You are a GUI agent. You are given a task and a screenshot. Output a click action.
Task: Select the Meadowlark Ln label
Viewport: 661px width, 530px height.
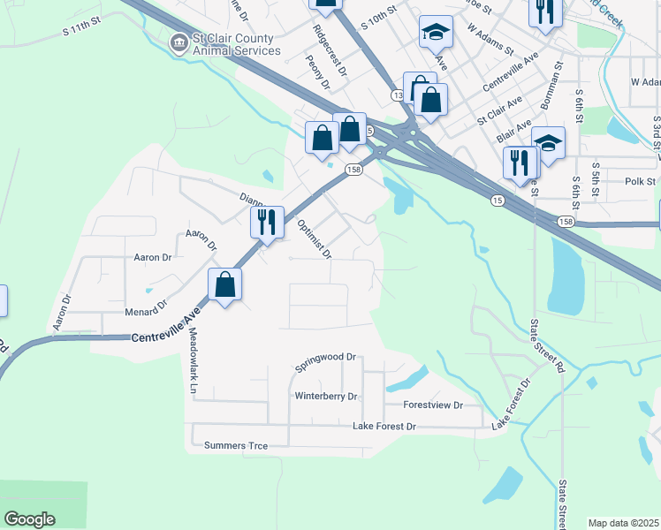(x=192, y=360)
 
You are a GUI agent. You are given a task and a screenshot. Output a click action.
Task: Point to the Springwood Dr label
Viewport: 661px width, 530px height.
(x=325, y=358)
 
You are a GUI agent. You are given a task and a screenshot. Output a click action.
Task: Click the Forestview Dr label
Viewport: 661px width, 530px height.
(x=433, y=405)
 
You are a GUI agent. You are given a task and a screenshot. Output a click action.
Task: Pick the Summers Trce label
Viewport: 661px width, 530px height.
(x=235, y=445)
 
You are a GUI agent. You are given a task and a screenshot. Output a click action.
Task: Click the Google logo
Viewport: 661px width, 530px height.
(x=30, y=519)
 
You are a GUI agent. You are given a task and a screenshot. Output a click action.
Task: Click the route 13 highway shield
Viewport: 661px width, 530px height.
(x=398, y=94)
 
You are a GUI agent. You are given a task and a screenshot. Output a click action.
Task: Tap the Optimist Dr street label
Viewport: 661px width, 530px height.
(x=314, y=239)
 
